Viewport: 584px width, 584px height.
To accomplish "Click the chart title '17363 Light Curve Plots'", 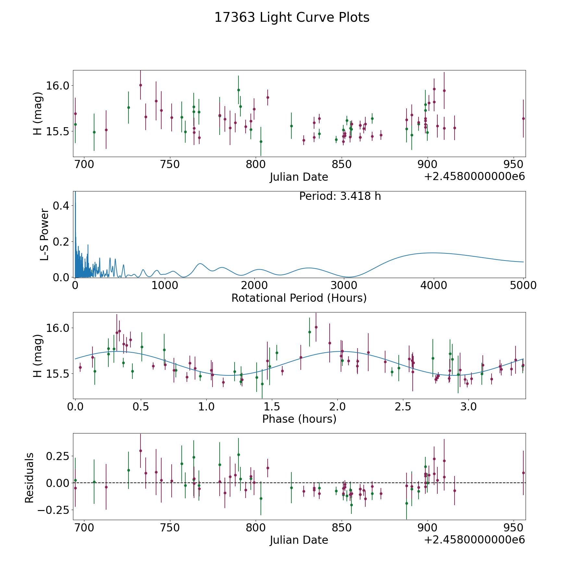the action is (x=292, y=18).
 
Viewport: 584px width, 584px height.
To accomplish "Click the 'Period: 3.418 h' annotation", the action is (x=340, y=196).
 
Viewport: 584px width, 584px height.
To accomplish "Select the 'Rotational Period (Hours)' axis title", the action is (x=299, y=298).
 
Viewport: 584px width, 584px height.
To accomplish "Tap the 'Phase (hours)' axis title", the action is (x=299, y=419).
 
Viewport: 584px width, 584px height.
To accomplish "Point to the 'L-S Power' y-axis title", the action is (x=44, y=235).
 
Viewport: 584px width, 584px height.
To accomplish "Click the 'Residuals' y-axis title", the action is (x=30, y=478).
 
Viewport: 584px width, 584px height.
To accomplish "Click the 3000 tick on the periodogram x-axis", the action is (x=344, y=286).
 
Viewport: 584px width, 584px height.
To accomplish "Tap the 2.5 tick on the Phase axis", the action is (x=403, y=407).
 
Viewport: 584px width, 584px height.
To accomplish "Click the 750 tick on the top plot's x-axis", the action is (x=170, y=164).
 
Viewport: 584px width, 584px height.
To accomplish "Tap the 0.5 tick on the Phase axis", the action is (x=141, y=407).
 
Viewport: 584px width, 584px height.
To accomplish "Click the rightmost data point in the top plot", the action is (x=523, y=118).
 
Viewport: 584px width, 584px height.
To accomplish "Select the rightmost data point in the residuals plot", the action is (x=523, y=473).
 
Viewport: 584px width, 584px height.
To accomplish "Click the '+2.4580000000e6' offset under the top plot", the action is (x=474, y=176).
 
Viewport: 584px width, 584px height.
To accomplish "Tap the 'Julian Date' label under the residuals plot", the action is (x=299, y=540).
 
